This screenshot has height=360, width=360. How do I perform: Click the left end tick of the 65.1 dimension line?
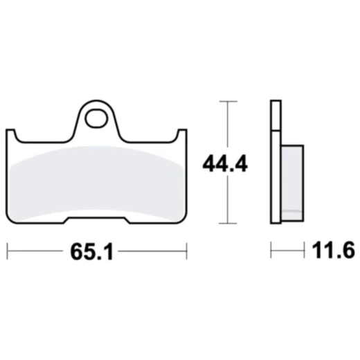(7, 250)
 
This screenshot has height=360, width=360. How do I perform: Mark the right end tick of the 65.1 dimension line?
(186, 250)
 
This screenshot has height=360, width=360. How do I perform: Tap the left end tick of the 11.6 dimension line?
(271, 250)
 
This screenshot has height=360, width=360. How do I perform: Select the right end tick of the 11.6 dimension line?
(305, 250)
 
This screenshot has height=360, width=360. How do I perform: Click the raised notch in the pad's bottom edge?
(96, 220)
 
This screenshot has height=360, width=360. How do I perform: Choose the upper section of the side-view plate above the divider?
(276, 115)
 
